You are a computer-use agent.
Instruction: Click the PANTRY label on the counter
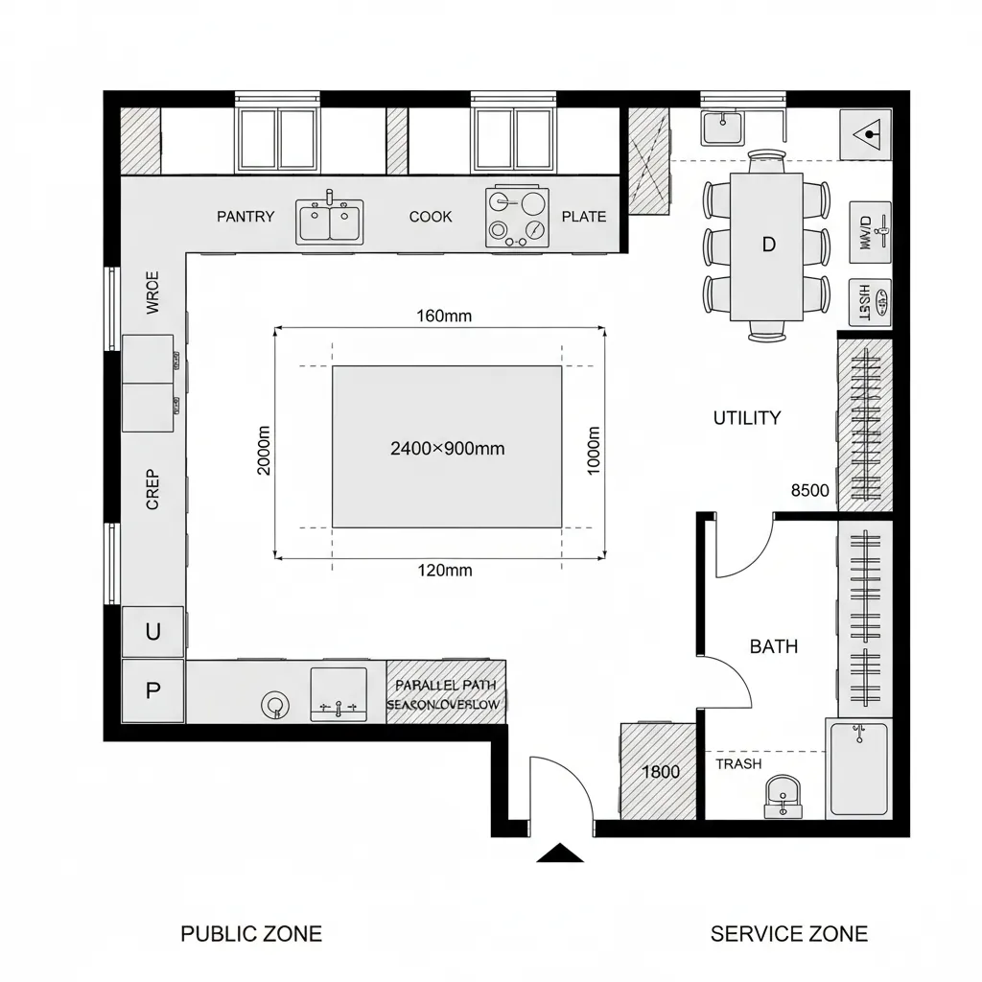[x=245, y=217]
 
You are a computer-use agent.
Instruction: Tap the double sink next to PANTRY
[x=329, y=222]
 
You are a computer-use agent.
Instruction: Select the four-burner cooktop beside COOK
[x=518, y=217]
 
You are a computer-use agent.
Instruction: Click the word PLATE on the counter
[x=584, y=217]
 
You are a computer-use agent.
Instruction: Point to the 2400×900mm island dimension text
[x=448, y=448]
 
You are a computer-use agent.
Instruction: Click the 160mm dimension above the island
[x=444, y=316]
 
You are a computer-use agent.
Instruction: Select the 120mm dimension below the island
[x=445, y=571]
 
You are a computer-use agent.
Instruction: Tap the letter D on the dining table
[x=767, y=245]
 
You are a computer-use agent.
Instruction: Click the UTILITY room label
[x=747, y=418]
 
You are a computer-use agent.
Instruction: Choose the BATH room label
[x=773, y=646]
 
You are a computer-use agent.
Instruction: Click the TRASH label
[x=738, y=764]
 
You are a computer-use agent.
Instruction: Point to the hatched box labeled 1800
[x=659, y=772]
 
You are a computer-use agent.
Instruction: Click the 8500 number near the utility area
[x=809, y=490]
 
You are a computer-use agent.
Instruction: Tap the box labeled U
[x=152, y=632]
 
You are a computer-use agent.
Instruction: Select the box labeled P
[x=152, y=690]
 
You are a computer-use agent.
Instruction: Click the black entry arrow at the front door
[x=560, y=853]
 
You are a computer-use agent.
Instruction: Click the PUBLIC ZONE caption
[x=251, y=933]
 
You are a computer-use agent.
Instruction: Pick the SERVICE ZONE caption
[x=788, y=933]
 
